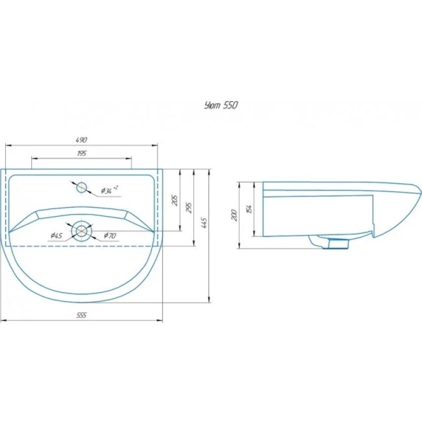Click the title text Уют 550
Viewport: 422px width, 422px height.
(x=221, y=105)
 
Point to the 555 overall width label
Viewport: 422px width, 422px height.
(x=81, y=315)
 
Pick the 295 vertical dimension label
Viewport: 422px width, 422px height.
(x=189, y=207)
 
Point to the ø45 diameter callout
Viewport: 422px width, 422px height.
(x=57, y=236)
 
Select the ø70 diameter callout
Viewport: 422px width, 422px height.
(x=110, y=236)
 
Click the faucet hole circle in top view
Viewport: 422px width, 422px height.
(x=81, y=187)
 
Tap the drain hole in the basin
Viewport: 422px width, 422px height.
(x=81, y=230)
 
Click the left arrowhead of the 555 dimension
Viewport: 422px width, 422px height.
(x=3, y=320)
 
